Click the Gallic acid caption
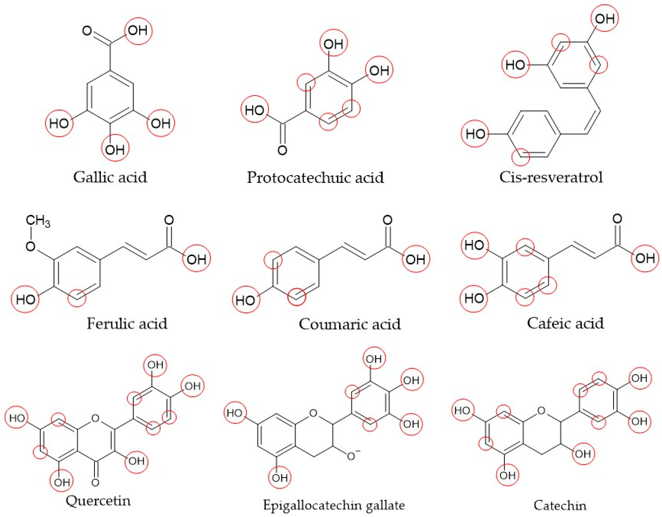110,177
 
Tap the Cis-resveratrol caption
551,177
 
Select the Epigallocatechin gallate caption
334,505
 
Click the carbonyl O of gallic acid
87,31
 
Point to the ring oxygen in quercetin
95,419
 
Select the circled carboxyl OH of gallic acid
138,31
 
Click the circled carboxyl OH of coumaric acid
416,259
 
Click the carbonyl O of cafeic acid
617,219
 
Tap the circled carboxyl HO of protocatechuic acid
255,110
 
